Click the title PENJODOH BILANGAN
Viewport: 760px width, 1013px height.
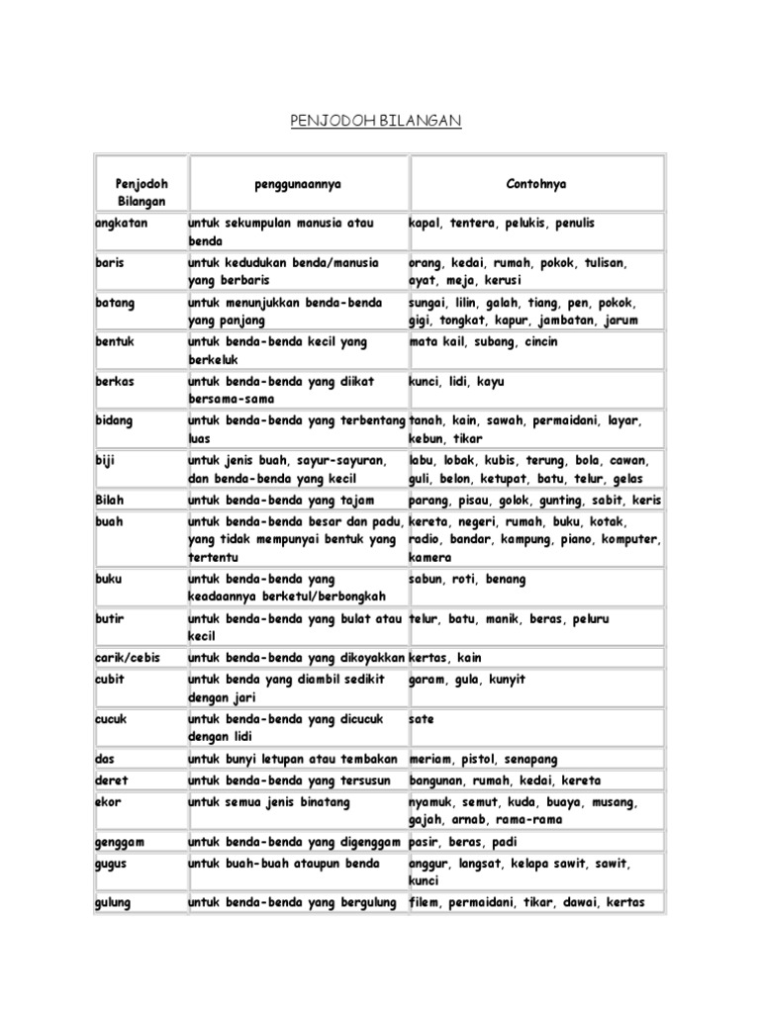point(376,121)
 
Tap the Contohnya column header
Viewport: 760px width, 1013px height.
point(536,184)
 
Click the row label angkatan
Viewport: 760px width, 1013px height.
point(119,224)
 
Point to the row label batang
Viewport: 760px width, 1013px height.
point(115,303)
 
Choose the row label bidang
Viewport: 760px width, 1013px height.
point(115,420)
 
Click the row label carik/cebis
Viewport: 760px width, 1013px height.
point(128,658)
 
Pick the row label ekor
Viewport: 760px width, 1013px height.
point(108,802)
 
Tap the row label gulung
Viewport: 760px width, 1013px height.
point(114,902)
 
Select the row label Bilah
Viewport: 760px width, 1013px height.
point(110,500)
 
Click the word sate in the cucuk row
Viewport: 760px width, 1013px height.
point(421,719)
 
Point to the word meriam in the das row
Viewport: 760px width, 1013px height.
point(429,760)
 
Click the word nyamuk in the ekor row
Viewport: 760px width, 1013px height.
point(433,802)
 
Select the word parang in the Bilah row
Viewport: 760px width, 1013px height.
point(429,500)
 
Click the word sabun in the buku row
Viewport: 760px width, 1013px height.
point(427,579)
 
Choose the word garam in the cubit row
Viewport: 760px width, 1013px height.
point(428,680)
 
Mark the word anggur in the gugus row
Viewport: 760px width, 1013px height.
point(429,863)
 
